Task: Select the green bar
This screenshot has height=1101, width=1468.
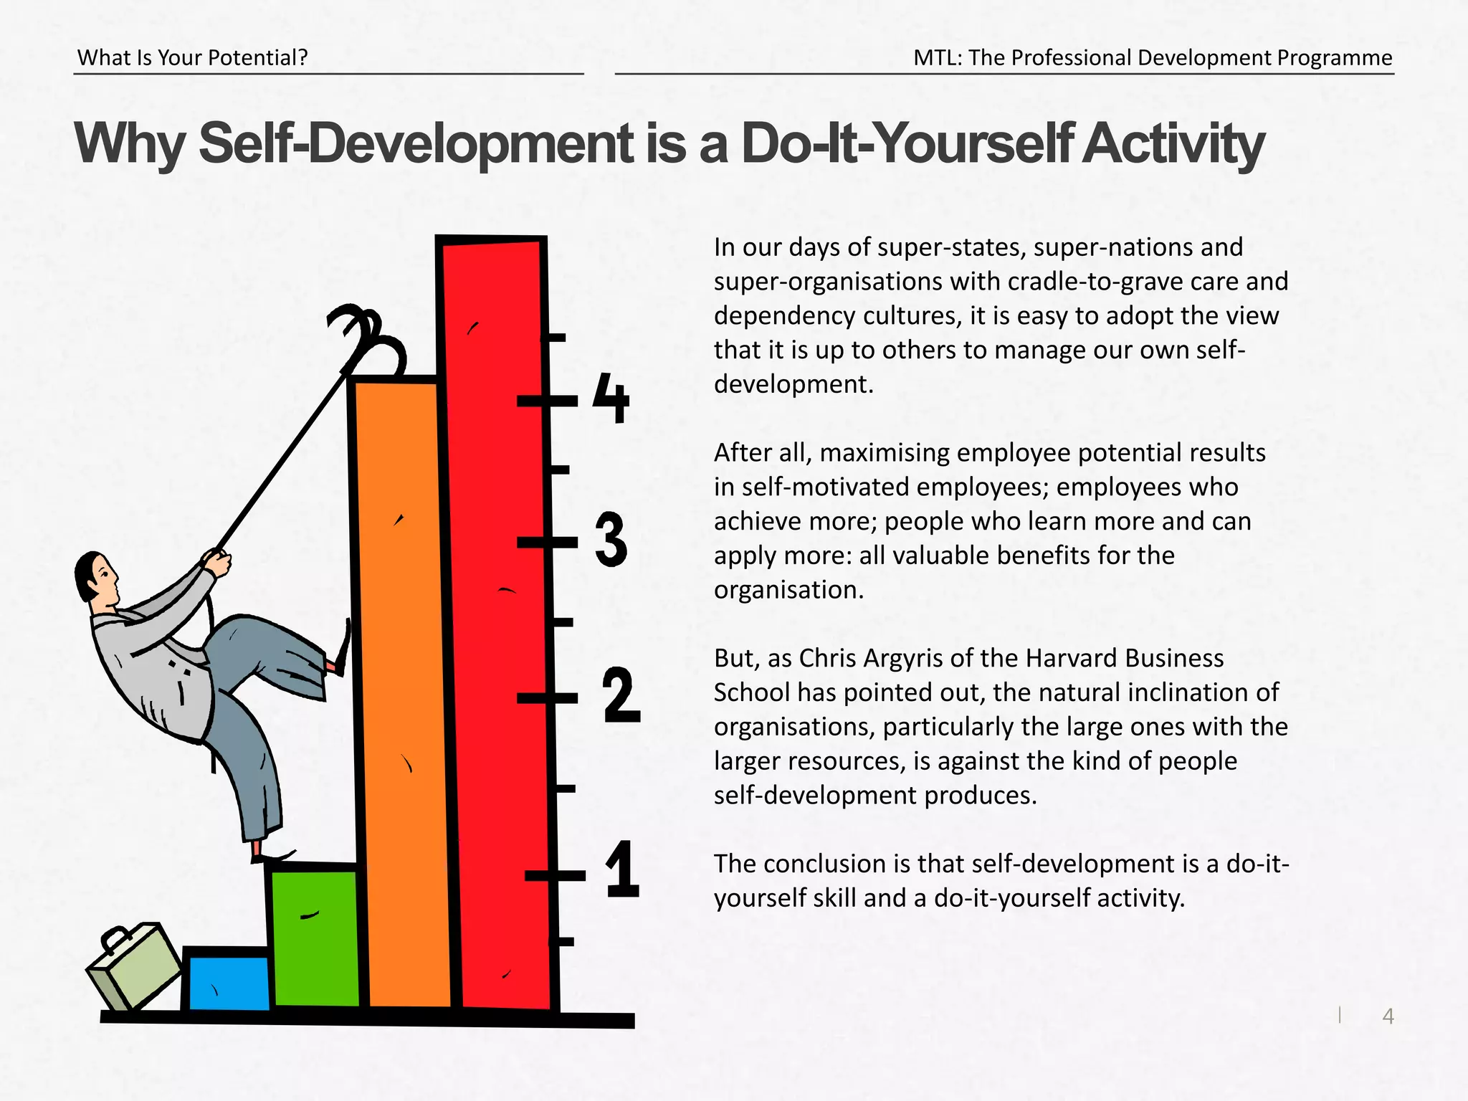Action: click(315, 939)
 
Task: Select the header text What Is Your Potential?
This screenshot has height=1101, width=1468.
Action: click(192, 57)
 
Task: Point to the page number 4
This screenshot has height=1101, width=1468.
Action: click(1388, 1016)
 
